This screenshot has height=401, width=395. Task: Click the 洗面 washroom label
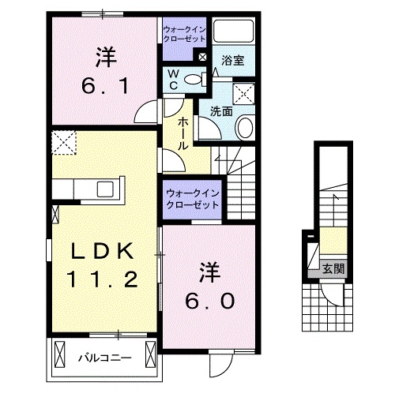click(x=220, y=112)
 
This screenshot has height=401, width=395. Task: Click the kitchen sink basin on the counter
click(x=105, y=189)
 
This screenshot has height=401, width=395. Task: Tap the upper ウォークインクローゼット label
click(x=183, y=33)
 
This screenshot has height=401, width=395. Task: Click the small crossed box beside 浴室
click(x=202, y=57)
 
